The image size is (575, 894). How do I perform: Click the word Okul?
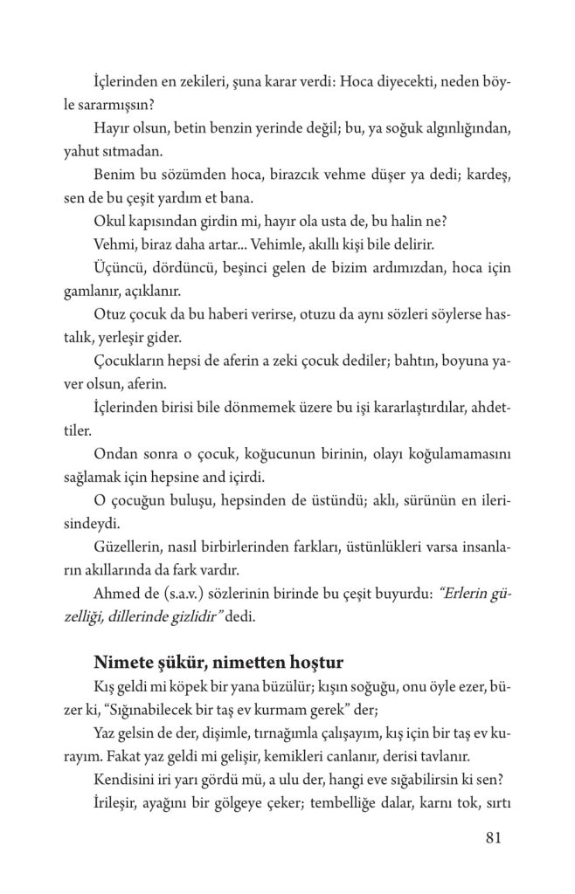pyautogui.click(x=109, y=218)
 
